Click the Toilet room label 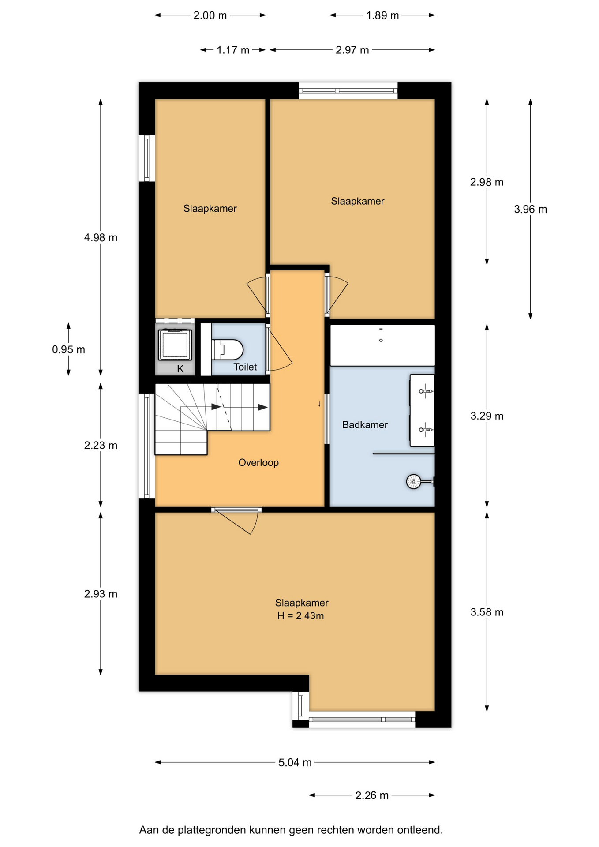click(245, 367)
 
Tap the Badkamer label click(365, 425)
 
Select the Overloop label click(258, 463)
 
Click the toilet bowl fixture click(228, 349)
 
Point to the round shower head click(413, 481)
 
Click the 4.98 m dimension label click(101, 238)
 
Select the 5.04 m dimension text click(295, 763)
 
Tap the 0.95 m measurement click(68, 350)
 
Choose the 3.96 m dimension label click(530, 210)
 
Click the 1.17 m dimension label click(233, 50)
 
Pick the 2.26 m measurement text click(372, 795)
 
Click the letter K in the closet click(180, 369)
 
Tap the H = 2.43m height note click(300, 616)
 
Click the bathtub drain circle click(381, 340)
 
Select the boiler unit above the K click(175, 345)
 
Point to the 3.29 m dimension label click(487, 416)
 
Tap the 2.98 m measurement click(487, 182)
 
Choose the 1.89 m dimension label click(382, 15)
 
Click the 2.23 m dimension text click(101, 446)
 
